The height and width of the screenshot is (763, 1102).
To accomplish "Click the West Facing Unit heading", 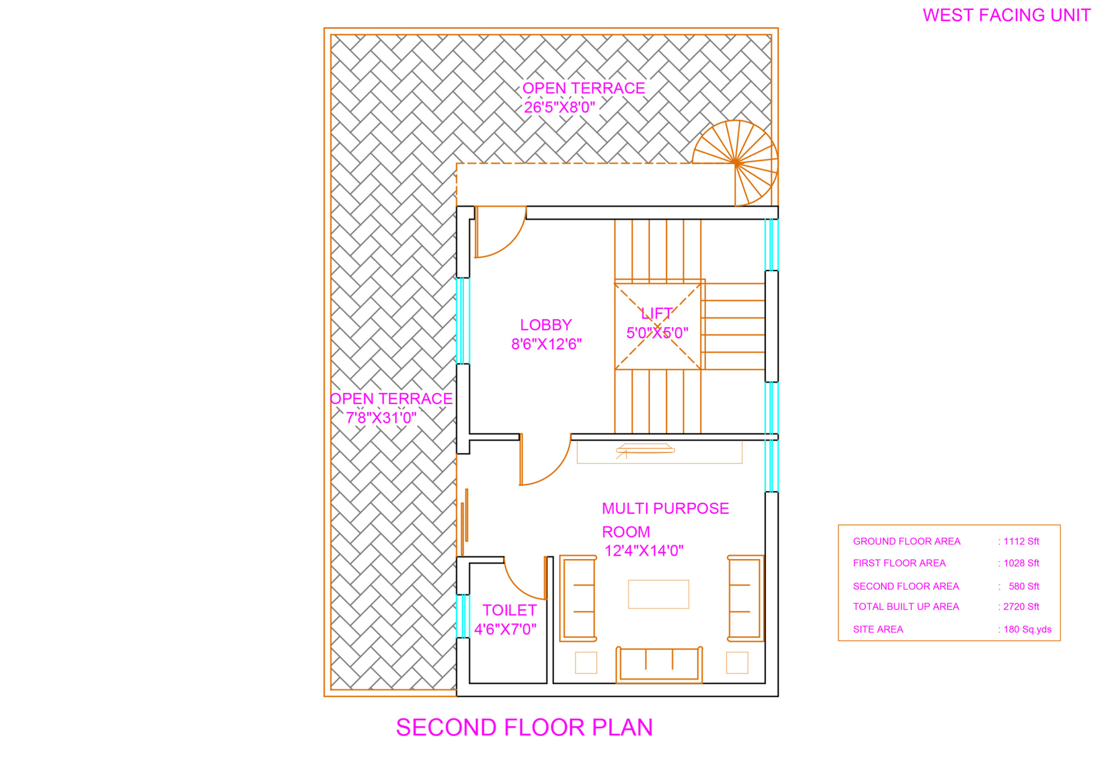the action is (1006, 15).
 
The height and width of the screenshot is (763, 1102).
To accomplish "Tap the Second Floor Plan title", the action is (524, 728).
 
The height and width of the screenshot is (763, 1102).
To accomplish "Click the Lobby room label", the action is (546, 325).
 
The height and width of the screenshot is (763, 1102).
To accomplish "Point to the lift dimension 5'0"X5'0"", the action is (657, 333).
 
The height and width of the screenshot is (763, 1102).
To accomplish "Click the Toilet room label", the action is (510, 611).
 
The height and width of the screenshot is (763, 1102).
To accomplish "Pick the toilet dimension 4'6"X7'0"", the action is (505, 629).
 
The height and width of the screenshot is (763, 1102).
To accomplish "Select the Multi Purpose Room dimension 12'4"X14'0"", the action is (644, 551).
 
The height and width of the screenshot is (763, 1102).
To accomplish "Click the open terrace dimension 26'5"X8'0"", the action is (559, 107).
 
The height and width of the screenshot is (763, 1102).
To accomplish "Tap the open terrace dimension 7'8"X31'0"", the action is (381, 418).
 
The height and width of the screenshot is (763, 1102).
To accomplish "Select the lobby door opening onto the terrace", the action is (500, 232).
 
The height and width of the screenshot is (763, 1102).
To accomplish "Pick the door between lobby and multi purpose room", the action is (545, 460).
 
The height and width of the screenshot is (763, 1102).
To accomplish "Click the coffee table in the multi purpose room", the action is (658, 594).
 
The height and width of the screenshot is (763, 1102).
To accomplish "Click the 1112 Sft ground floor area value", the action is (1018, 541).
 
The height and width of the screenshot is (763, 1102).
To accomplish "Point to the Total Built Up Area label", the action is (906, 607).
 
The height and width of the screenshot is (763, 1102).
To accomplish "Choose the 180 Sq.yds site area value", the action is (1025, 630).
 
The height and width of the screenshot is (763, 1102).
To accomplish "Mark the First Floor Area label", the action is (899, 563).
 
